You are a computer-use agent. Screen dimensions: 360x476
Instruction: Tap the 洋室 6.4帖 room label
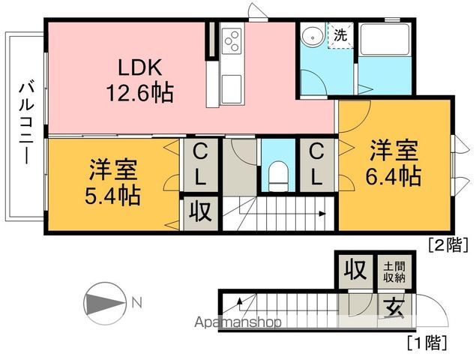coord(393,163)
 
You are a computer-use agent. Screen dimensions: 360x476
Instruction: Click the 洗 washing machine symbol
coord(340,34)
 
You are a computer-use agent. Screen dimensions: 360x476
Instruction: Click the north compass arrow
coord(105,304)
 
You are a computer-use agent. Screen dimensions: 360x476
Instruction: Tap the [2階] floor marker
coord(448,244)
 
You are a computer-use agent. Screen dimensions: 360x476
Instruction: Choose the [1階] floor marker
coord(427,344)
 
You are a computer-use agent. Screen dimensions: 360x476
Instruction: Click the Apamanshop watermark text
coord(238,322)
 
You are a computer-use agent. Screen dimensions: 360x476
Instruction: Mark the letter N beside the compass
coord(136,303)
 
